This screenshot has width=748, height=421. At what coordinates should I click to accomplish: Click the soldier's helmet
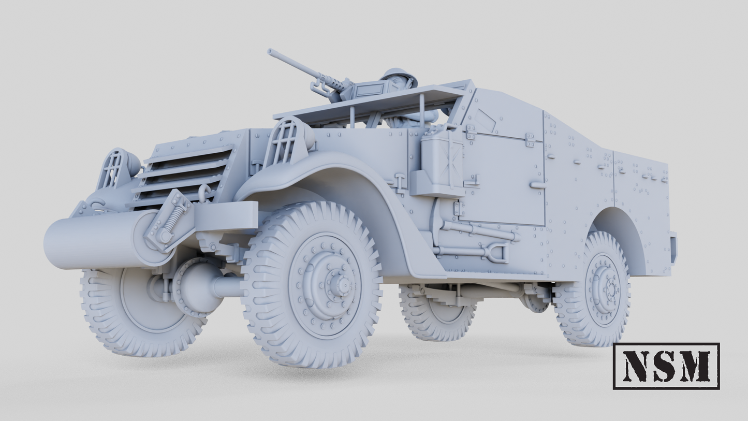point(399,76)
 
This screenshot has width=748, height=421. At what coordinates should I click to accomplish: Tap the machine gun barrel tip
point(270,51)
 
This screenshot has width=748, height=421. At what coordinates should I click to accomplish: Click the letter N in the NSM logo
point(636,366)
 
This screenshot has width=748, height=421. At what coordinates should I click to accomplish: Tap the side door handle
point(537,185)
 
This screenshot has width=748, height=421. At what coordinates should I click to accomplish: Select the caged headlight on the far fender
point(114,168)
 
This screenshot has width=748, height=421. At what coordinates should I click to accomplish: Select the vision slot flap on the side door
point(486,121)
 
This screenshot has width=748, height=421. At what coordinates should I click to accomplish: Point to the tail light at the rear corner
point(673,248)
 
